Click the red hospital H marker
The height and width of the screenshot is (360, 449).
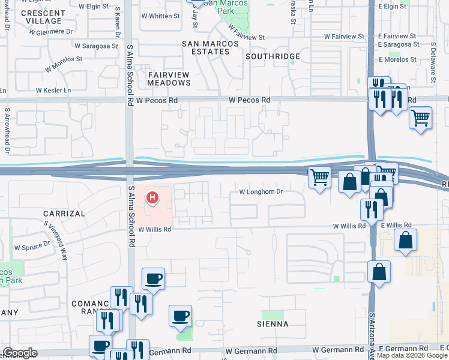[x=153, y=197]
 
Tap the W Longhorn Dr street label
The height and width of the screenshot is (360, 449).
[x=261, y=193]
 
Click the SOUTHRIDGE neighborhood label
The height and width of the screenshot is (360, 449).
[x=273, y=56]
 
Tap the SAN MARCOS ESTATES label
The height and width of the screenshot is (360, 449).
[x=206, y=47]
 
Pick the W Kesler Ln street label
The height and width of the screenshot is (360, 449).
[x=53, y=91]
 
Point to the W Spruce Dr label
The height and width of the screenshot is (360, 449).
[x=32, y=247]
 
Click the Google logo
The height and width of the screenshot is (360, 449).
[x=19, y=353]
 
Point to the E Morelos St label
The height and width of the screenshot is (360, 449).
[x=397, y=59]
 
